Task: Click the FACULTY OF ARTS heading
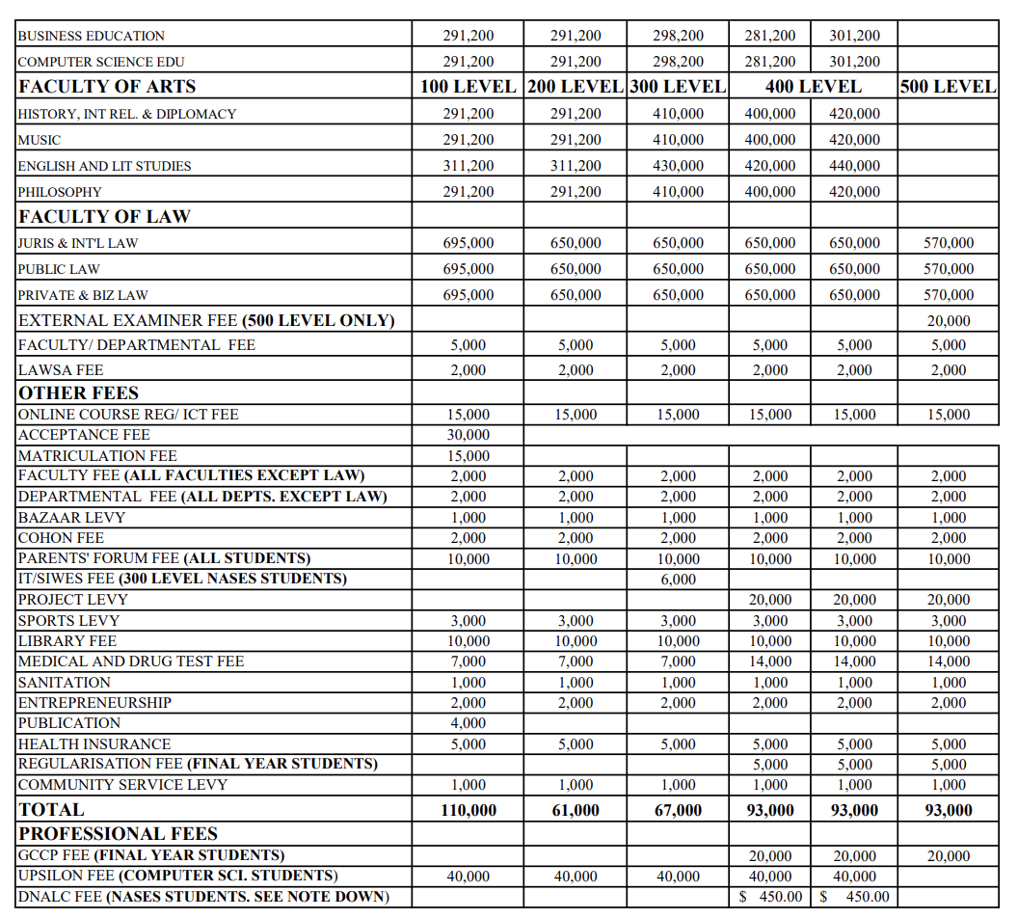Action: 107,87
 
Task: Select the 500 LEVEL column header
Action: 948,87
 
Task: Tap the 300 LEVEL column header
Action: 678,87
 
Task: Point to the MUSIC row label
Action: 40,140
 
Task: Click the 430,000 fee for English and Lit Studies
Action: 679,166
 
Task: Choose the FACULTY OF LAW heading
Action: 104,217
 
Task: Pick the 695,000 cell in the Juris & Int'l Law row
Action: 469,243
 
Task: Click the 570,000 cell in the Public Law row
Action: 949,269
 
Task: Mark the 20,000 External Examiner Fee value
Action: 949,321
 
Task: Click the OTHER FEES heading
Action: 79,393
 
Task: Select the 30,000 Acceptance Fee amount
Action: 469,435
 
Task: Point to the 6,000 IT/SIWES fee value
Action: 679,580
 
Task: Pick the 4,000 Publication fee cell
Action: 469,723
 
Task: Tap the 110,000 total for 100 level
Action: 469,810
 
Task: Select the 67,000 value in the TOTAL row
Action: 679,810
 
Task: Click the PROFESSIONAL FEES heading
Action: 119,834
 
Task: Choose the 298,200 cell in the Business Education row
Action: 679,36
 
